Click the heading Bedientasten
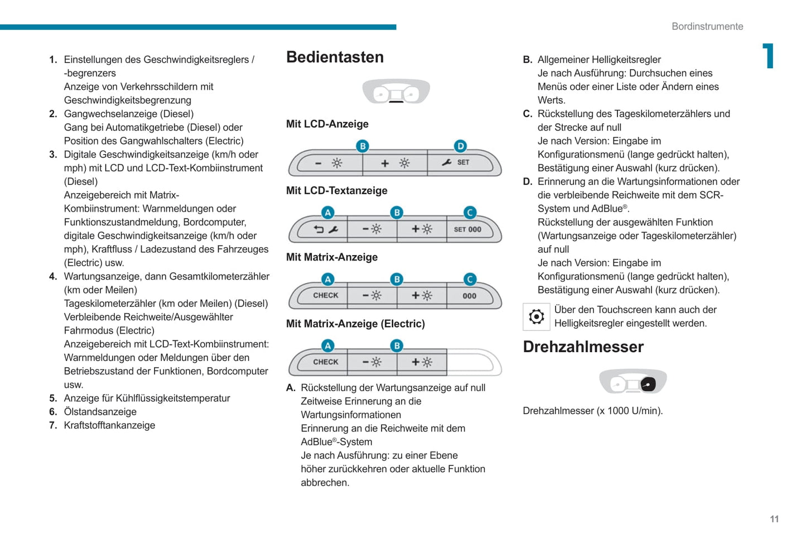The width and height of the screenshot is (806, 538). tap(335, 57)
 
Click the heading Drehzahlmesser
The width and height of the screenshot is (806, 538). tap(583, 347)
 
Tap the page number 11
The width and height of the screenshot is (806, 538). tap(774, 519)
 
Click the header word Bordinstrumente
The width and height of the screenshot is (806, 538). tap(707, 26)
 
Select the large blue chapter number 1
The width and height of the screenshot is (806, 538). tap(769, 56)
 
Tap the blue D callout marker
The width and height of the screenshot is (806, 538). tap(460, 146)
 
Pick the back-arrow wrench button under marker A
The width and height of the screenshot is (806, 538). tap(325, 229)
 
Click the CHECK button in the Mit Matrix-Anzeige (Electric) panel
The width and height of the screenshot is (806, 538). tap(325, 362)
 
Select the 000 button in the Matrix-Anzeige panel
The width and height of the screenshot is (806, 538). tap(470, 296)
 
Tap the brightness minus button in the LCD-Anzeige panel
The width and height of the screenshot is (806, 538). tap(329, 163)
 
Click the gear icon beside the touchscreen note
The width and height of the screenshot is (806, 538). tap(536, 316)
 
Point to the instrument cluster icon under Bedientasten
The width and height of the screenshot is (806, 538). tap(396, 92)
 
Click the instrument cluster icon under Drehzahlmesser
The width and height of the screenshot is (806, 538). tap(633, 382)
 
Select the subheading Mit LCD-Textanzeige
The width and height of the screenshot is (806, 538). tap(336, 191)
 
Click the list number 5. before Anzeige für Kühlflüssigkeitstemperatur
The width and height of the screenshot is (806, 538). tap(53, 398)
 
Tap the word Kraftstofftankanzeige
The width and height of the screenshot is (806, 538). tap(109, 425)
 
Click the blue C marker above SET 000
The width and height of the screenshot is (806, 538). tap(470, 213)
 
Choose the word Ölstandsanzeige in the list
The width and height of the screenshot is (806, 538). tap(100, 412)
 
